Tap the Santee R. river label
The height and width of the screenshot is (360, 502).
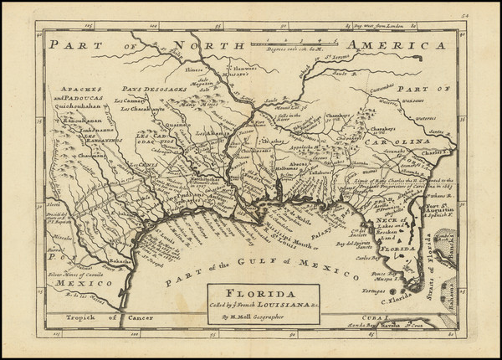(x=434, y=131)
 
